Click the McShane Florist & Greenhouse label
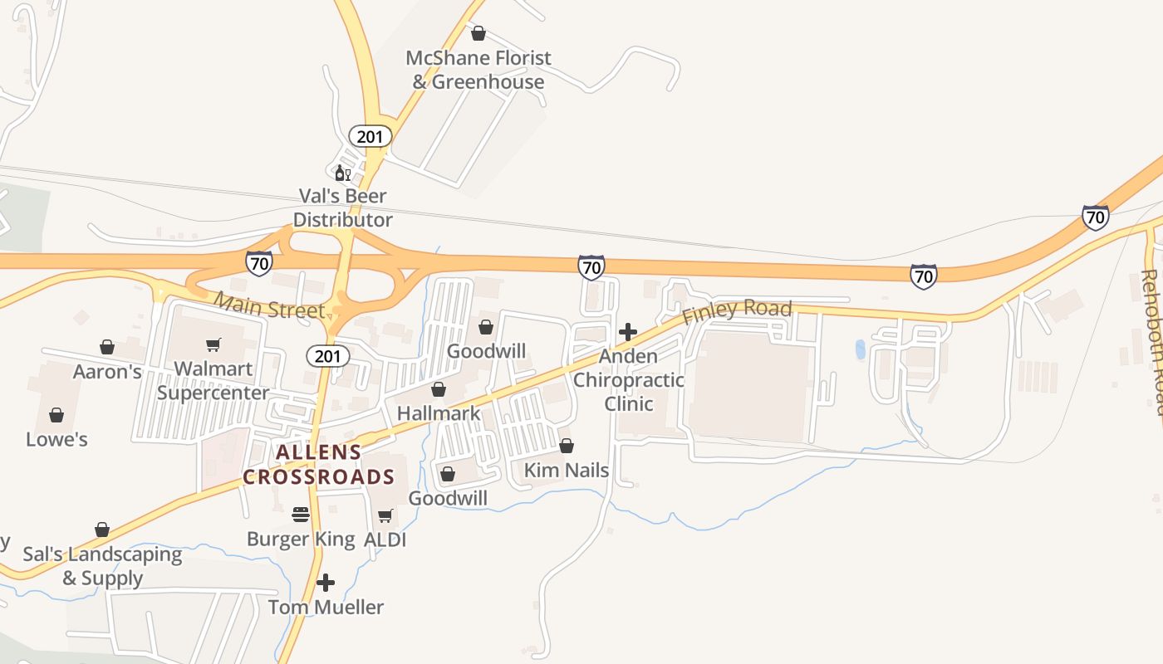pyautogui.click(x=478, y=70)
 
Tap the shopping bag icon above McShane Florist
pyautogui.click(x=478, y=33)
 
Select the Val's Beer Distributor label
pyautogui.click(x=342, y=208)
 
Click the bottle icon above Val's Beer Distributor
pyautogui.click(x=341, y=173)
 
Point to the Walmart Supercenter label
pyautogui.click(x=213, y=381)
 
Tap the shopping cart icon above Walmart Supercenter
pyautogui.click(x=213, y=344)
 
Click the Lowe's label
pyautogui.click(x=56, y=439)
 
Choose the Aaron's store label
pyautogui.click(x=107, y=371)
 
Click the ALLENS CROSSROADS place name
pyautogui.click(x=318, y=465)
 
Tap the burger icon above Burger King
pyautogui.click(x=301, y=515)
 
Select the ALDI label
pyautogui.click(x=385, y=539)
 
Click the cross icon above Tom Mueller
pyautogui.click(x=326, y=582)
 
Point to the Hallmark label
pyautogui.click(x=439, y=413)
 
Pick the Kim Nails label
pyautogui.click(x=567, y=471)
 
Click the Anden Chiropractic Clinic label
pyautogui.click(x=629, y=380)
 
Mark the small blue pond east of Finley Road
pyautogui.click(x=860, y=349)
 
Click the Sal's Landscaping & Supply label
pyautogui.click(x=102, y=566)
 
